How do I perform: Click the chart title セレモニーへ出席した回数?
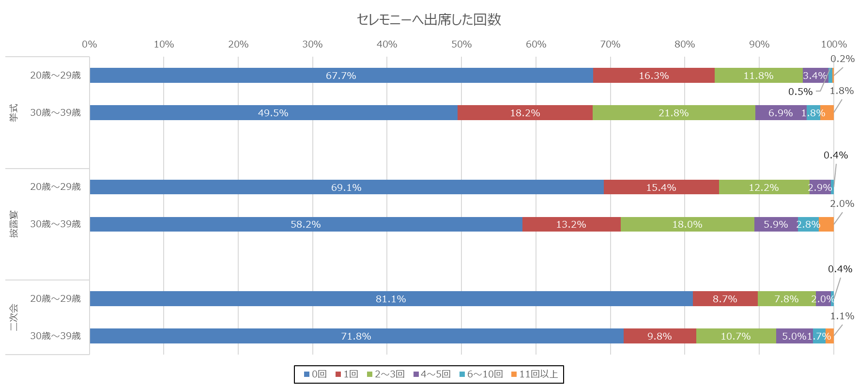click(x=429, y=19)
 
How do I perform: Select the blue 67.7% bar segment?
click(x=341, y=76)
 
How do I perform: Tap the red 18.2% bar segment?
click(x=525, y=113)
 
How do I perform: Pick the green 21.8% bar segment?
click(x=674, y=113)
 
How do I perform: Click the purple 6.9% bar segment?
click(x=780, y=113)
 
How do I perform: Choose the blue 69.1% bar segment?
click(x=346, y=187)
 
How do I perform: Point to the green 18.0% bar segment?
click(x=687, y=224)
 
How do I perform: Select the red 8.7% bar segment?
click(x=725, y=299)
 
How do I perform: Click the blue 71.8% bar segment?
click(x=356, y=336)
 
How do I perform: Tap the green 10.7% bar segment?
click(x=735, y=336)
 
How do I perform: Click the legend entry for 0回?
click(x=315, y=374)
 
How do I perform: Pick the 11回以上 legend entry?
click(x=535, y=374)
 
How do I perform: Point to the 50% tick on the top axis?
click(x=461, y=45)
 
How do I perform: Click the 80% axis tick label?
click(x=685, y=45)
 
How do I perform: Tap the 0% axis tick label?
click(x=90, y=45)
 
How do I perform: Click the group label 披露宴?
click(x=14, y=224)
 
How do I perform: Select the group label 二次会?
click(x=14, y=317)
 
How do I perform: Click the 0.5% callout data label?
click(x=800, y=92)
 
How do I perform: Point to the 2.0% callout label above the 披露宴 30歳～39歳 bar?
click(x=842, y=204)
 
